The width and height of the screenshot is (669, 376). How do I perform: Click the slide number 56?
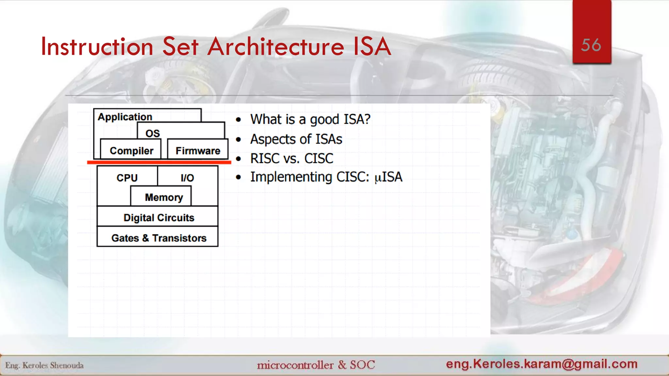click(x=591, y=45)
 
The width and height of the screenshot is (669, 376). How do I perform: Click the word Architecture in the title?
click(x=276, y=47)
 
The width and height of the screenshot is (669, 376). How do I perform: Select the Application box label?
click(x=125, y=117)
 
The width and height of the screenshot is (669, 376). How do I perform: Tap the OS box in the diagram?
click(x=153, y=133)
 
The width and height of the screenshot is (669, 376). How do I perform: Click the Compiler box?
click(x=131, y=150)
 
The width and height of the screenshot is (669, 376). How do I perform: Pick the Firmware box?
click(x=198, y=150)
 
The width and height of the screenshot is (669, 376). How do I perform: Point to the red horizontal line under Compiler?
click(x=159, y=162)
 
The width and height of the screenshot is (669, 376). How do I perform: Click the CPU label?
click(x=127, y=178)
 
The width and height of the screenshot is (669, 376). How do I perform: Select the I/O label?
click(x=187, y=178)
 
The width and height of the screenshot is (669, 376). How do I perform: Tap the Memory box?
click(x=164, y=197)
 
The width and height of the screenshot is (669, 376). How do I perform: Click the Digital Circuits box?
click(x=159, y=217)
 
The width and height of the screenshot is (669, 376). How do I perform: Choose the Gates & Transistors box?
click(x=159, y=238)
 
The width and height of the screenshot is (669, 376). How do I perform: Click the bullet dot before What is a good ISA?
click(x=238, y=120)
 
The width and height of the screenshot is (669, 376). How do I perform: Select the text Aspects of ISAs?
click(x=296, y=139)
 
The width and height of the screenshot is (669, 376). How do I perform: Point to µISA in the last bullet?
click(x=388, y=177)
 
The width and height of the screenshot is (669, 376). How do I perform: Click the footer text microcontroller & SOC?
click(x=316, y=365)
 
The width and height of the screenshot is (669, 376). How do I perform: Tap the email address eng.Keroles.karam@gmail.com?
click(x=542, y=364)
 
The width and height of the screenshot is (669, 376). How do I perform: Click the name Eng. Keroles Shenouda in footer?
click(x=44, y=365)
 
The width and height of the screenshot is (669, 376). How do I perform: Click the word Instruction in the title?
click(x=97, y=47)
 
